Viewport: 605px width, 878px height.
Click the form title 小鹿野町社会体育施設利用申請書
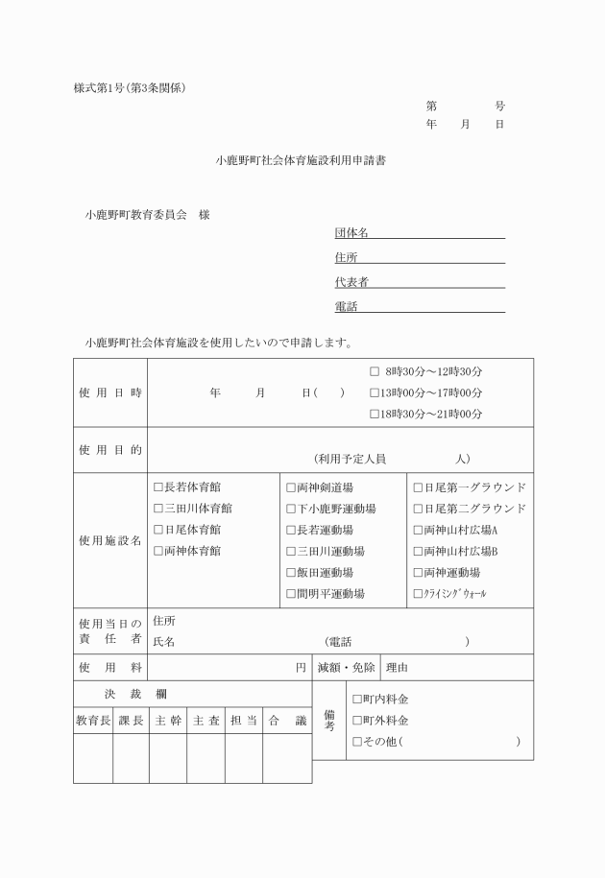302,162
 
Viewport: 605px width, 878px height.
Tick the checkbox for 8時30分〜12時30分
375,370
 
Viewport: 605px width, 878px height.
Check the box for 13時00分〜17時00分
375,392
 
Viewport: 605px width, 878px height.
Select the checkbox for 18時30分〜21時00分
375,415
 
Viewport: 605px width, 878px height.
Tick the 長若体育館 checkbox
158,487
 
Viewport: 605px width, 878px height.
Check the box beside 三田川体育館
158,509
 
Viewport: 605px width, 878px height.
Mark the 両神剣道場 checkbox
290,487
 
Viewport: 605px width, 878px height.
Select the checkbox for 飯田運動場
290,573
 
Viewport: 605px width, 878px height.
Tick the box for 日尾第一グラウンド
418,487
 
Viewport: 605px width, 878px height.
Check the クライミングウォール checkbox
418,594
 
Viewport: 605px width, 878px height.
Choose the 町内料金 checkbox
357,700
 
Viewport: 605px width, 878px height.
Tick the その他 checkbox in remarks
357,742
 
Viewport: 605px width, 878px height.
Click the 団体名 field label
351,233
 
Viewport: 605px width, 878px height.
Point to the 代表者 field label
351,282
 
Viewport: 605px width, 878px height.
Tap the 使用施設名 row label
109,541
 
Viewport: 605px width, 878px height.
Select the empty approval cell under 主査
206,758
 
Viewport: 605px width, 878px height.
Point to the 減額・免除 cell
346,667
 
